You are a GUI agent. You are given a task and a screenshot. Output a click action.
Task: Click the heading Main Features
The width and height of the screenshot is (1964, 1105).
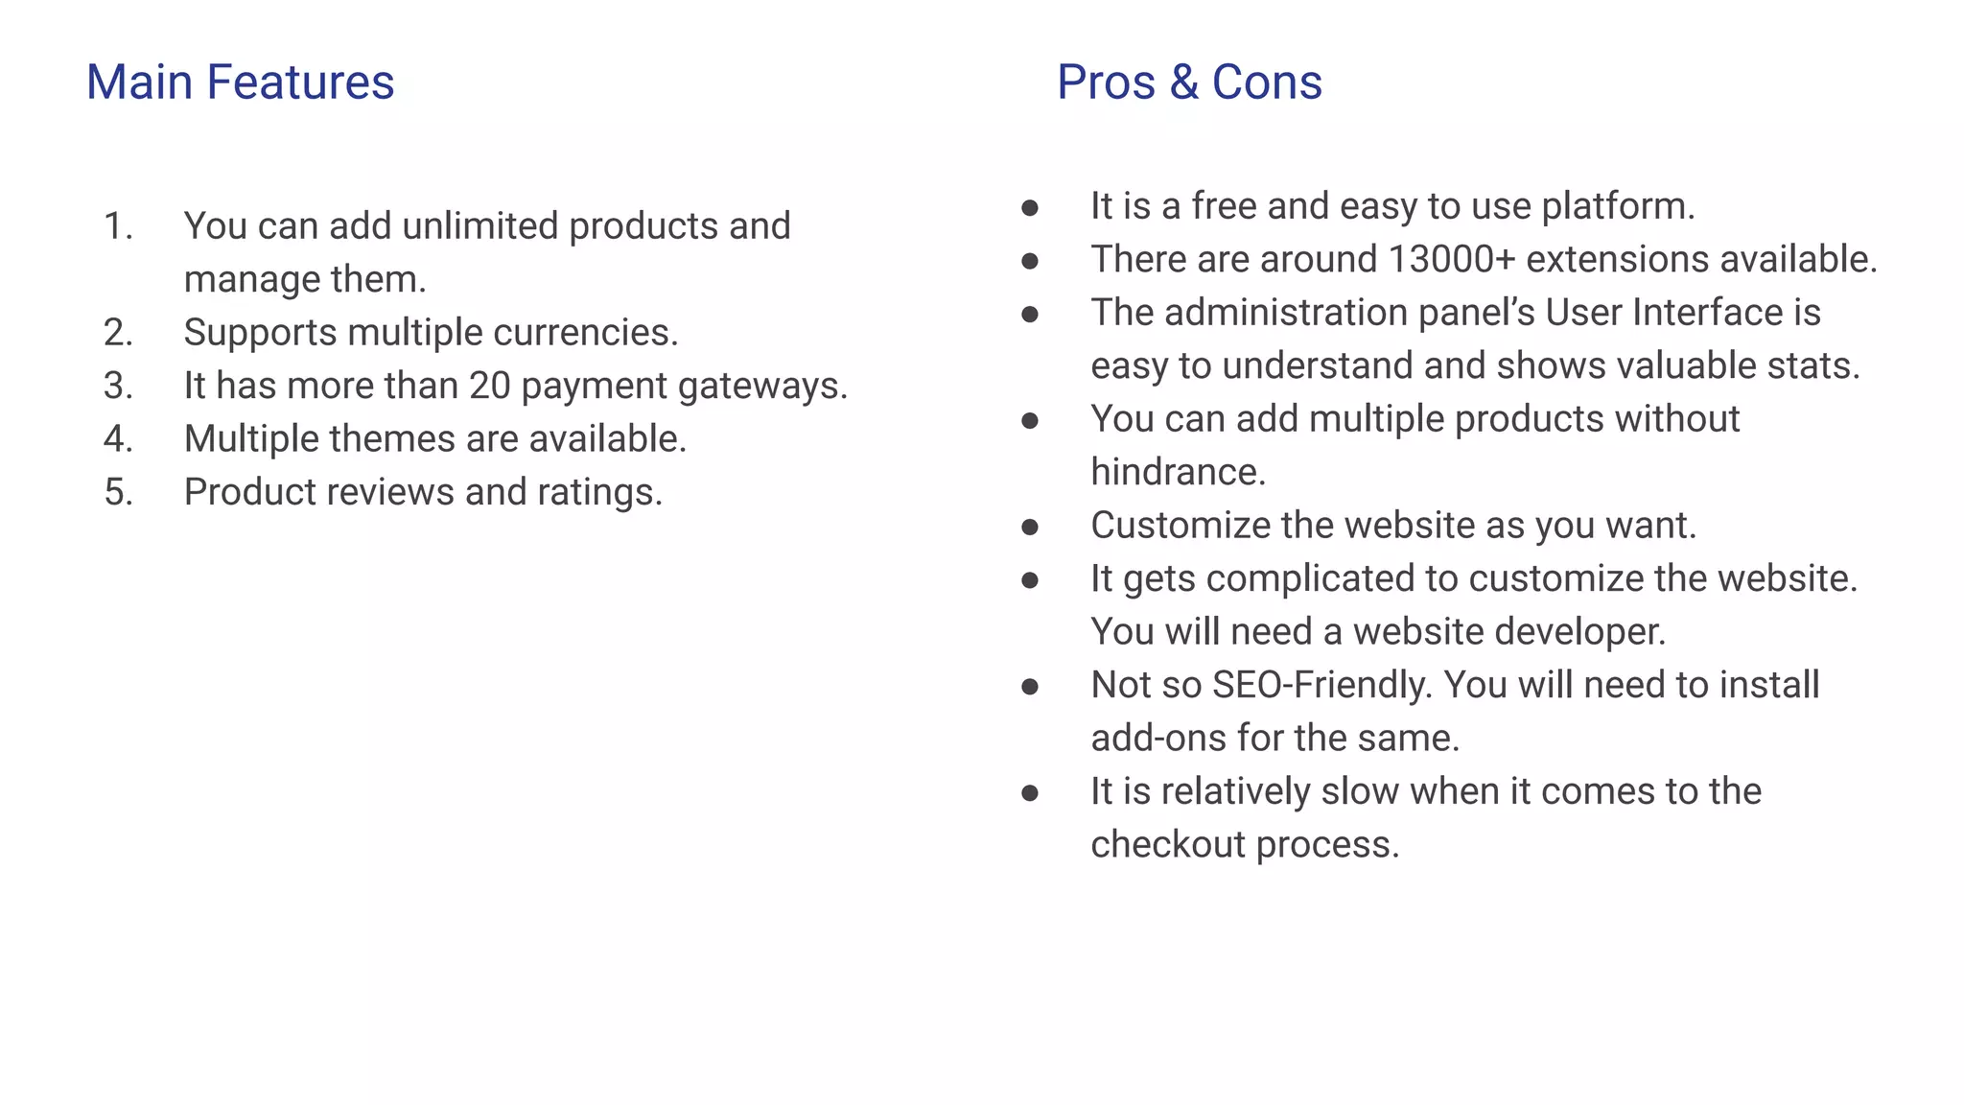(x=240, y=82)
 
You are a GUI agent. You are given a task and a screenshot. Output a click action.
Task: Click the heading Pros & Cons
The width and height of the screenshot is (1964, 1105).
(x=1189, y=82)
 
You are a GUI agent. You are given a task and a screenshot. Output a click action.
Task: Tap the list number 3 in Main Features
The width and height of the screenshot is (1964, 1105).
(x=118, y=386)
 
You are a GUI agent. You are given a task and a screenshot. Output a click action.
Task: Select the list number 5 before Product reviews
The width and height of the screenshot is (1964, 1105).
(x=118, y=492)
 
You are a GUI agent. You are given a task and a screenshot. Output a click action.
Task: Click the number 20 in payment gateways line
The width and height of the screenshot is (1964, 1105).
(x=489, y=386)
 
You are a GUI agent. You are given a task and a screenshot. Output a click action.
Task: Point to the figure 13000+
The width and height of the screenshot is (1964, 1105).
(x=1451, y=259)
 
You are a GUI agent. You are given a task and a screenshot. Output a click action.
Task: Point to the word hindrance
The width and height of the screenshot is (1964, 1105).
(x=1178, y=472)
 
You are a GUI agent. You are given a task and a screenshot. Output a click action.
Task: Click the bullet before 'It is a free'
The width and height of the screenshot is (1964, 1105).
(x=1030, y=207)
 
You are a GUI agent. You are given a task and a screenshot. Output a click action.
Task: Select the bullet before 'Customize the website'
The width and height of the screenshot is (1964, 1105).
(x=1030, y=527)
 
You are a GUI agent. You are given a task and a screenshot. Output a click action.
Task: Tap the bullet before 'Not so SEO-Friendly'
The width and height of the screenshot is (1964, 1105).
(x=1030, y=686)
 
